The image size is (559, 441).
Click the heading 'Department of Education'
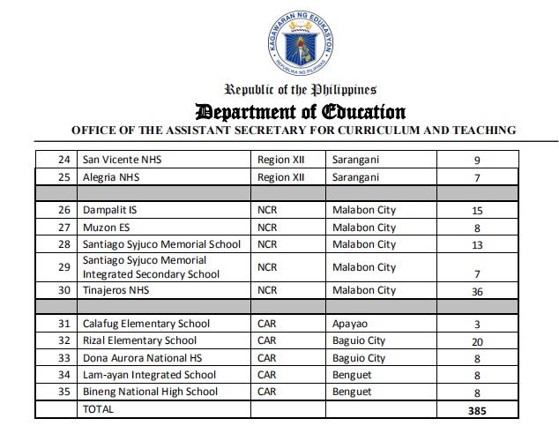click(x=301, y=112)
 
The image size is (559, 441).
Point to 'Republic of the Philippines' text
click(x=301, y=89)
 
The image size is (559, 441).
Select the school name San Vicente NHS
click(x=123, y=161)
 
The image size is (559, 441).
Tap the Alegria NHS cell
click(x=112, y=177)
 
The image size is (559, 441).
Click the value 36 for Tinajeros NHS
click(x=476, y=290)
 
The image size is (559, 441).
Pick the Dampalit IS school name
click(x=109, y=211)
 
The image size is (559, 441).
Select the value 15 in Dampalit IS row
click(x=476, y=211)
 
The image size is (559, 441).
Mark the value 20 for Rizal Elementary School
click(x=476, y=341)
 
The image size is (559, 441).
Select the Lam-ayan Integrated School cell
click(x=141, y=375)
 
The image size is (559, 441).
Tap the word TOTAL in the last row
click(x=98, y=409)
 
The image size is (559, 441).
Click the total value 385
click(x=476, y=410)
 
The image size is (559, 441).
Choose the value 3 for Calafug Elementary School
click(x=476, y=325)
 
